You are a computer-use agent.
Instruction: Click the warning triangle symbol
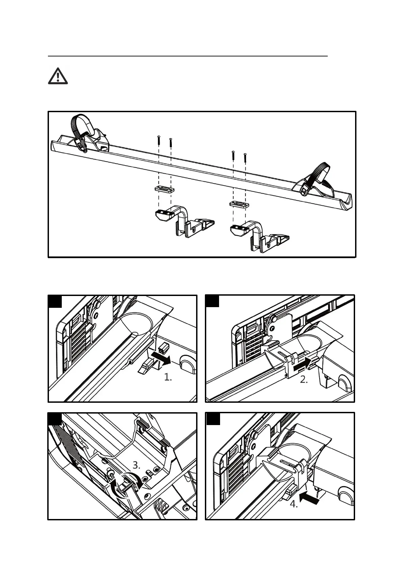point(58,76)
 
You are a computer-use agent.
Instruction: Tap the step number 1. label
point(168,377)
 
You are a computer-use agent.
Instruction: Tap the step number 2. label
point(304,379)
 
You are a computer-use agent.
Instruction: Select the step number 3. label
point(136,465)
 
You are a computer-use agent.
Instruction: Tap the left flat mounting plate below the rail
point(164,189)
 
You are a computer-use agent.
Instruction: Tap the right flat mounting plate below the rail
point(239,204)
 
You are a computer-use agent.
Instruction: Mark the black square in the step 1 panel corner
point(55,301)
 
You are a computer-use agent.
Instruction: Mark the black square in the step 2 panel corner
point(212,301)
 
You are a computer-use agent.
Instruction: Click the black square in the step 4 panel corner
point(213,419)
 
